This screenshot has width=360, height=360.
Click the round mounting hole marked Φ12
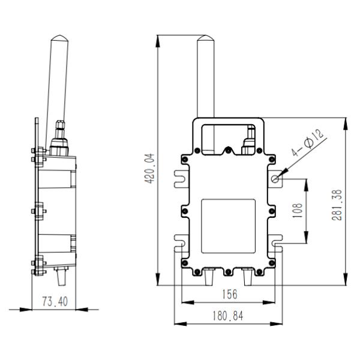pos(276,178)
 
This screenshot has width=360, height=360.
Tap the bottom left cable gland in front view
pos(210,277)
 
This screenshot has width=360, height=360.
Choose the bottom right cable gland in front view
pos(247,277)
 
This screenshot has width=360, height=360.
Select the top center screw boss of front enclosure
pos(228,150)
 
